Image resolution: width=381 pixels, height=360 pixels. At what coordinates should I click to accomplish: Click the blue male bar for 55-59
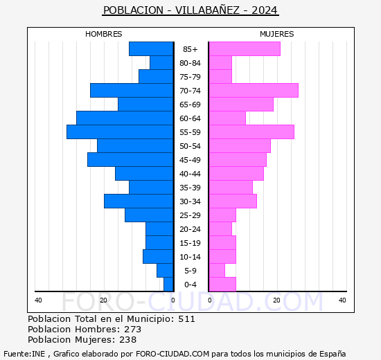pos(120,132)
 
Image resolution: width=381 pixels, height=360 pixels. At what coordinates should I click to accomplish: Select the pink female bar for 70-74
pos(254,91)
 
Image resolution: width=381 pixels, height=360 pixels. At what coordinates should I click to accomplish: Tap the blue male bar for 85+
pos(151,49)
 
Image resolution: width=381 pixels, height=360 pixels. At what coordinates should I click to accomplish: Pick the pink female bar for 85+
pos(245,49)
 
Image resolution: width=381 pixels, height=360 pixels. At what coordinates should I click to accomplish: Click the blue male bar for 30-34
pos(139,201)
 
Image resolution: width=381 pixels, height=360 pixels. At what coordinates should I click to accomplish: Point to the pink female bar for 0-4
pos(222,285)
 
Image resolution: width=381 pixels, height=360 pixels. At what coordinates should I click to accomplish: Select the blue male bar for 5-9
pos(165,271)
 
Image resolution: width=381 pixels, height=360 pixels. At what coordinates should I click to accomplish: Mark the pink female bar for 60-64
pos(227,118)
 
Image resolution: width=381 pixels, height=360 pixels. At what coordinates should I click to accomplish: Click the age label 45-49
pos(190,160)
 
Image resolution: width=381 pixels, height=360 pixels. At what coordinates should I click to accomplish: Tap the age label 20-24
pos(190,229)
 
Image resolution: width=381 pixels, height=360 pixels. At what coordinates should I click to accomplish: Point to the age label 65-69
pos(190,105)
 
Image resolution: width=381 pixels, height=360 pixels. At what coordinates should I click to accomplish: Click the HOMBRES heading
pos(104,34)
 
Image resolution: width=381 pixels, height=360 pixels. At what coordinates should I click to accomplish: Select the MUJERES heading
pos(276,34)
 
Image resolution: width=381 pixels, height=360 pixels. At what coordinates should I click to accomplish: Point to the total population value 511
pos(186,319)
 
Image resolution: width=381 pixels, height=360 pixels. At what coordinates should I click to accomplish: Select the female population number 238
pos(127,340)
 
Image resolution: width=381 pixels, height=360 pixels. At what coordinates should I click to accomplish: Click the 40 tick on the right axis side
pos(342,300)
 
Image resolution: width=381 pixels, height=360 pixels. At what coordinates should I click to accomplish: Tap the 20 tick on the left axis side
pos(103,300)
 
